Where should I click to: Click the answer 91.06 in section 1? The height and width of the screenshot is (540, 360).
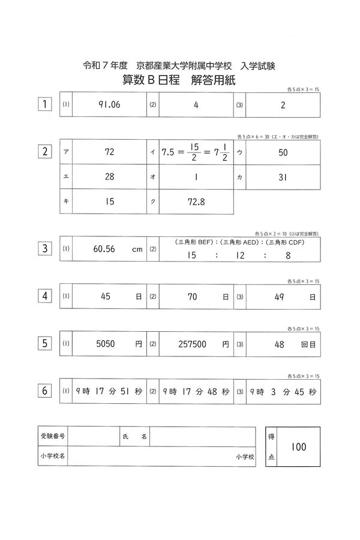(x=109, y=104)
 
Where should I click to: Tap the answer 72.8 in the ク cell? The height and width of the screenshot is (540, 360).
(x=195, y=202)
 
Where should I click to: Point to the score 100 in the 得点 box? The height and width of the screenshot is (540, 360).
(x=298, y=447)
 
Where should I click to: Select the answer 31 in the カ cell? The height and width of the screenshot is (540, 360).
(x=283, y=177)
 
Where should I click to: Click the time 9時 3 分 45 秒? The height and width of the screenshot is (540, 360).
(x=281, y=392)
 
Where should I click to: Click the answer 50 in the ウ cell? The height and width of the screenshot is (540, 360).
(x=283, y=152)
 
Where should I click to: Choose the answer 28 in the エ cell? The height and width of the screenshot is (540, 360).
(x=109, y=177)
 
